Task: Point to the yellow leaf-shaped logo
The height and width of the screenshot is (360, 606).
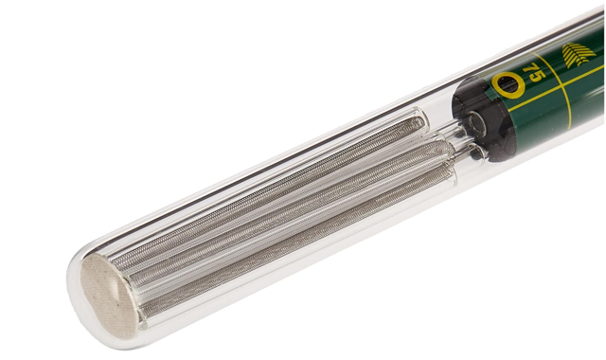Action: [x=578, y=55]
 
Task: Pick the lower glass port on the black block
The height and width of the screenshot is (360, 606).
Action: [x=478, y=153]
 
